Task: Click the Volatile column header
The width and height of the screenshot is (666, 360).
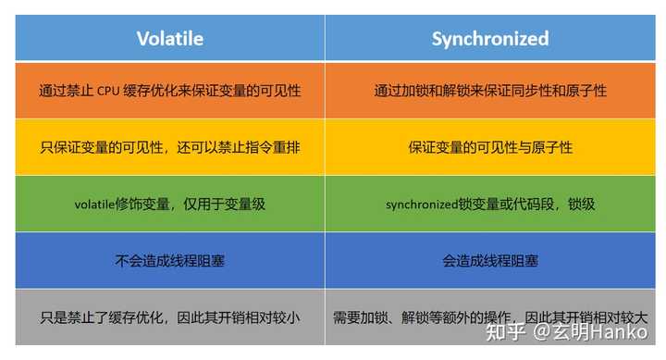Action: pos(170,38)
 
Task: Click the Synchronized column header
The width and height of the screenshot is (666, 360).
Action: pos(490,38)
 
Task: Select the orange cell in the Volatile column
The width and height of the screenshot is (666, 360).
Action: pos(170,92)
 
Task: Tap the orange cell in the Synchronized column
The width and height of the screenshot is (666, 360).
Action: pos(490,92)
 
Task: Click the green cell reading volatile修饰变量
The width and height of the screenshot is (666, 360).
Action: pos(170,205)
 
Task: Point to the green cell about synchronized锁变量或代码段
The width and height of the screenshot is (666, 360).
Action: pos(490,205)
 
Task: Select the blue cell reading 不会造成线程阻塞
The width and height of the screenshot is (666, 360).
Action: pos(170,261)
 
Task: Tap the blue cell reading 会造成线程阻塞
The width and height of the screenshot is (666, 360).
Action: pos(490,261)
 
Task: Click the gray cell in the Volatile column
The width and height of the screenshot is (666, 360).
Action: pos(170,317)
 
